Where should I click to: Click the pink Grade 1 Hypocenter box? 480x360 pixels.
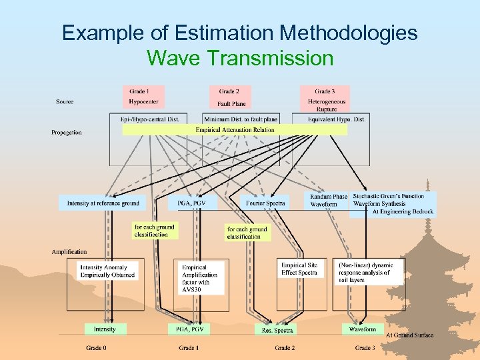tap(143, 97)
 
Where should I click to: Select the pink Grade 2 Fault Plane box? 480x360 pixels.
tap(231, 97)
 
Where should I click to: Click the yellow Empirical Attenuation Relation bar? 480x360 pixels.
tap(235, 130)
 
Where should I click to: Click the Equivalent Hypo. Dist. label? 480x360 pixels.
tap(337, 119)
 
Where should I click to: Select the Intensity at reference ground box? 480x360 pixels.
tap(103, 203)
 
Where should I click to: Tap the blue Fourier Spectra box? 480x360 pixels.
tap(265, 203)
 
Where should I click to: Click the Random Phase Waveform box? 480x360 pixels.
tap(328, 201)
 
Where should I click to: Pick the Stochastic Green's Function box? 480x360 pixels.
tap(393, 203)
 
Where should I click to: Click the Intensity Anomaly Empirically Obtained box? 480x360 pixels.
tap(103, 271)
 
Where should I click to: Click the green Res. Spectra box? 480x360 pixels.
tap(277, 329)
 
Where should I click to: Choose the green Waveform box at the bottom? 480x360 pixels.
tap(363, 329)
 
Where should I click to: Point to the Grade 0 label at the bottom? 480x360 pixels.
tap(95, 348)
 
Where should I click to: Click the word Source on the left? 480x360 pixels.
tap(65, 102)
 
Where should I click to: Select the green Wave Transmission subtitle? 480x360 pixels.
tap(240, 58)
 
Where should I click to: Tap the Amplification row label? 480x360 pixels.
tap(69, 252)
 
